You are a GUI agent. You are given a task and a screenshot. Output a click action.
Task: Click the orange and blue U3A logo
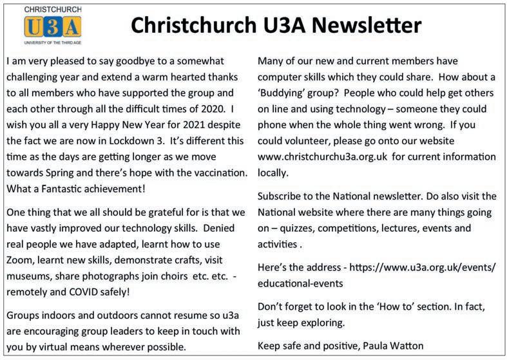52,27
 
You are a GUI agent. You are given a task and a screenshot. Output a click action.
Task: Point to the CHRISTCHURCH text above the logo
52,10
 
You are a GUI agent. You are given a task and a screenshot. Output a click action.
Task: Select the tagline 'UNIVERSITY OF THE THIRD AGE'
52,42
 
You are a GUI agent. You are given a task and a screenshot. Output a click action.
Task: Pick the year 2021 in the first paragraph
191,124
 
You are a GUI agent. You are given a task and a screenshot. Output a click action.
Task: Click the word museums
28,276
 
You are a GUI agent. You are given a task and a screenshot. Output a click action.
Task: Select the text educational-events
300,283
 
